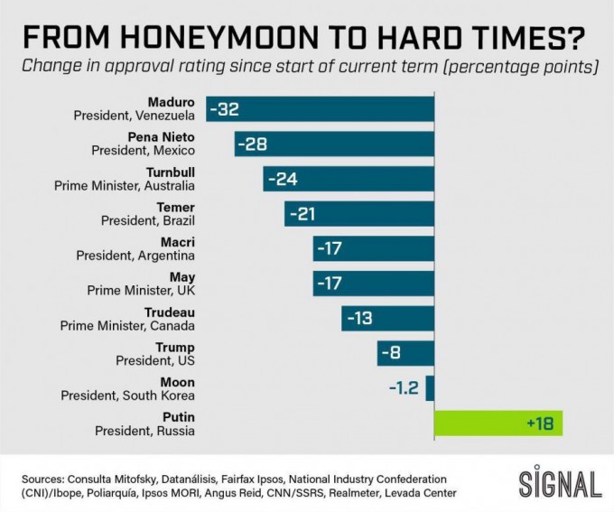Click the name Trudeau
tap(170, 312)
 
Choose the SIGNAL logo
tap(560, 483)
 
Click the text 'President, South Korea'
tap(127, 396)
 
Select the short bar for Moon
tap(430, 387)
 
